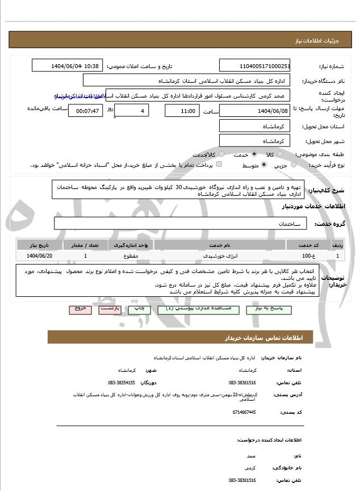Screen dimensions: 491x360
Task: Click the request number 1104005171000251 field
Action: tap(255, 66)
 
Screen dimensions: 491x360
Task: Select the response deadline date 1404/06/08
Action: tap(255, 111)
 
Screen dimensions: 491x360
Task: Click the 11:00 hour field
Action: tap(182, 111)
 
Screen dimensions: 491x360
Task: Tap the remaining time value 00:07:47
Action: tap(85, 111)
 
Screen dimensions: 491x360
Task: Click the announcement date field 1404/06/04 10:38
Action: tap(68, 66)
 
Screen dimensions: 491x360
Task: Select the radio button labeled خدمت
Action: tap(253, 154)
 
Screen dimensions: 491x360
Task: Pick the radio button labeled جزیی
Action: tap(294, 165)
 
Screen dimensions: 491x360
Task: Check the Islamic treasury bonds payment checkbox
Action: tap(219, 165)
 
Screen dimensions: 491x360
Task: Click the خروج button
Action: tap(79, 309)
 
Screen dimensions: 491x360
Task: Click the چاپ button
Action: tap(139, 309)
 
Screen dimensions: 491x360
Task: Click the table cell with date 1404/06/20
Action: tap(39, 256)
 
